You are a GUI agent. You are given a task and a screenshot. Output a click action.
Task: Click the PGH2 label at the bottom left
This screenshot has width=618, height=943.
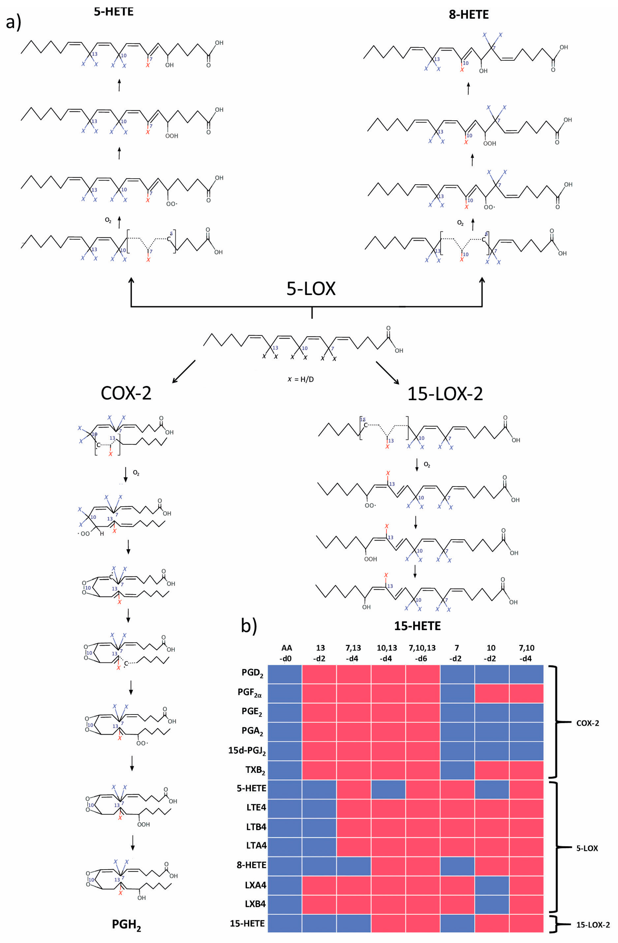(x=126, y=925)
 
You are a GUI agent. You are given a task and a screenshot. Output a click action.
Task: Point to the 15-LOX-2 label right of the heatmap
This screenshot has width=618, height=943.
(x=593, y=923)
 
